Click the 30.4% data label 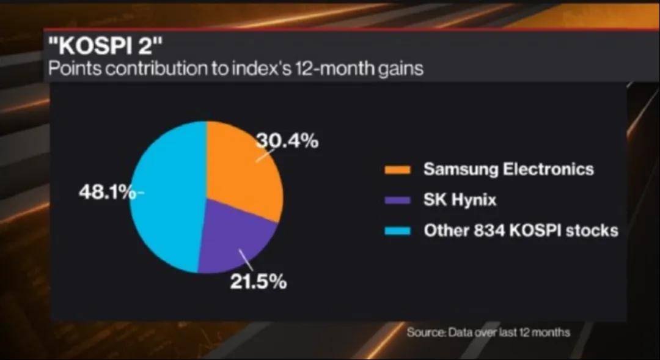click(287, 141)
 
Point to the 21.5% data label click(258, 282)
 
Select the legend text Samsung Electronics click(508, 169)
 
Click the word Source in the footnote click(425, 332)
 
